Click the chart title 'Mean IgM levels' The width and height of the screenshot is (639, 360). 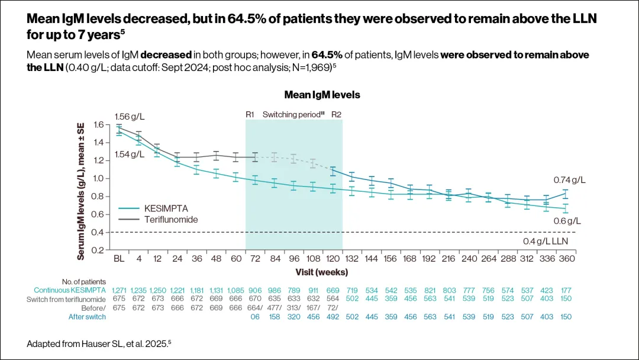[322, 95]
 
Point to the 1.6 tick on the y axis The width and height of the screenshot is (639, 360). [98, 124]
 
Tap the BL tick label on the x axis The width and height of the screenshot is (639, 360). [118, 259]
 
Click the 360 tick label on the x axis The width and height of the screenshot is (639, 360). [567, 259]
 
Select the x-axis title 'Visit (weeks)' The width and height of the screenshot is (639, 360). [322, 272]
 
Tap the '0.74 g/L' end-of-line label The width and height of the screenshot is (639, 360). [569, 179]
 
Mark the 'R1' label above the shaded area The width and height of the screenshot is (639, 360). [250, 114]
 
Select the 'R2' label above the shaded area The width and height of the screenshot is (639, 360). [336, 114]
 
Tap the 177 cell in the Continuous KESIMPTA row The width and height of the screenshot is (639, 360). [567, 290]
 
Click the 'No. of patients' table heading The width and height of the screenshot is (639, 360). [83, 281]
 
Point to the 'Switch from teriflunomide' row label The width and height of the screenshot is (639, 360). [66, 299]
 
